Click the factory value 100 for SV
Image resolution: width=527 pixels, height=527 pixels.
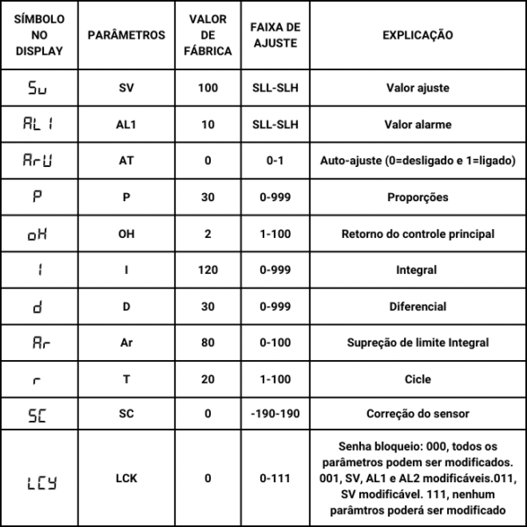pyautogui.click(x=208, y=88)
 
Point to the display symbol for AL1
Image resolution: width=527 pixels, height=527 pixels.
pyautogui.click(x=40, y=125)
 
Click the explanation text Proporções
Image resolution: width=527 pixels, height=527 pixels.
pyautogui.click(x=418, y=198)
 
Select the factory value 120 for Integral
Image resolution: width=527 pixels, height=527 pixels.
pyautogui.click(x=208, y=271)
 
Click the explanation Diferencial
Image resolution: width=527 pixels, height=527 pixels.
pyautogui.click(x=418, y=307)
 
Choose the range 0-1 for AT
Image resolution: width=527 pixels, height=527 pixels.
pyautogui.click(x=274, y=161)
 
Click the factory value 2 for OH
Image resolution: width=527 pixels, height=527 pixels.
pyautogui.click(x=208, y=235)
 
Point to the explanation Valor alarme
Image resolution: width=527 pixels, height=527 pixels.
pyautogui.click(x=418, y=125)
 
